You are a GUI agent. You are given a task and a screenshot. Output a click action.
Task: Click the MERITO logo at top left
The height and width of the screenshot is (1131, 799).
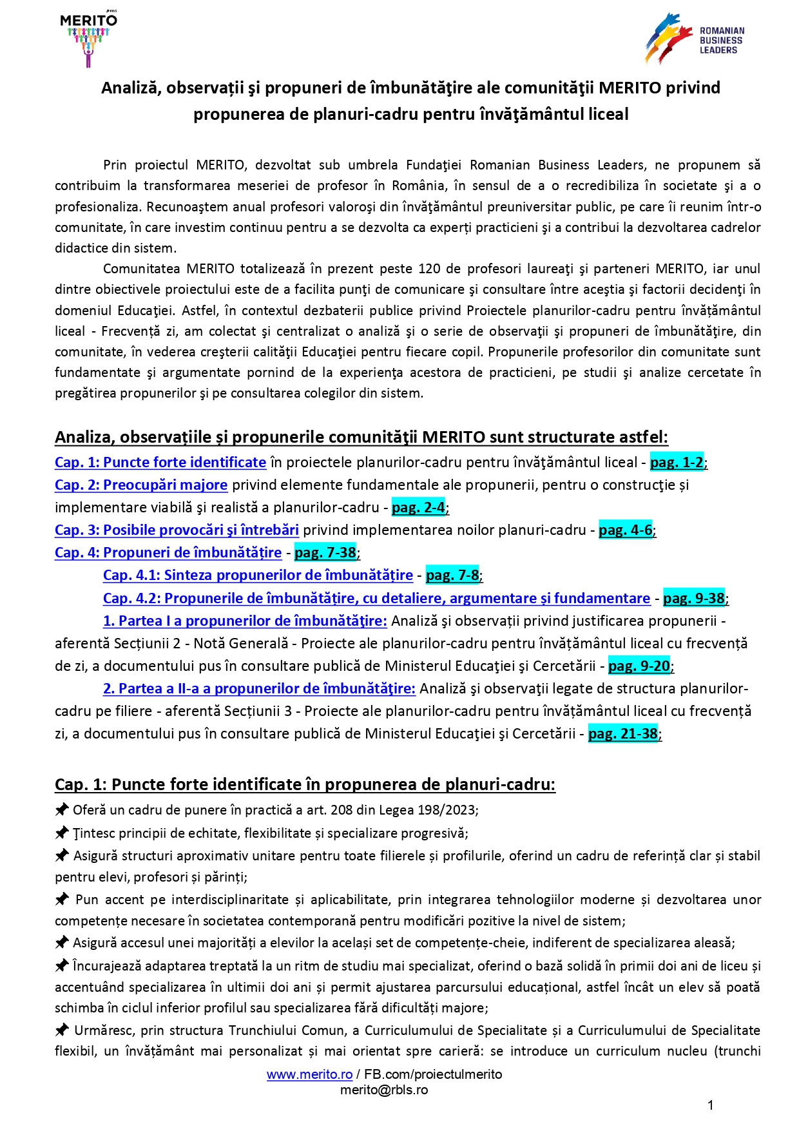88,39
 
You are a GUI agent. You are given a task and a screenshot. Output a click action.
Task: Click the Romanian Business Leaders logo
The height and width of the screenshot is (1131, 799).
695,39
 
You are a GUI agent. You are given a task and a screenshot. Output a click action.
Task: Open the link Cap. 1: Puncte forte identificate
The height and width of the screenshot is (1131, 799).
160,462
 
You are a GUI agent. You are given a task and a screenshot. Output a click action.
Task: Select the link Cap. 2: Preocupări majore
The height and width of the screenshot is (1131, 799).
141,485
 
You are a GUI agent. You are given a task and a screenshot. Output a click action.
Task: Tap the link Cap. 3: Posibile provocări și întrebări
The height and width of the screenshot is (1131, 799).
177,530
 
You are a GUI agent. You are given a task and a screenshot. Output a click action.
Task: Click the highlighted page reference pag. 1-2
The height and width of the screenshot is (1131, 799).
677,462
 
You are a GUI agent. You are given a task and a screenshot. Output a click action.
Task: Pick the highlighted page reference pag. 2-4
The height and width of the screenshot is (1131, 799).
418,507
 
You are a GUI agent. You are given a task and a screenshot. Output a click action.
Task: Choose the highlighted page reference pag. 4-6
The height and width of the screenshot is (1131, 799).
626,530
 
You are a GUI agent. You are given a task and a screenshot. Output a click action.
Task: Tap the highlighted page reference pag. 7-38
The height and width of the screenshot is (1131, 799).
325,552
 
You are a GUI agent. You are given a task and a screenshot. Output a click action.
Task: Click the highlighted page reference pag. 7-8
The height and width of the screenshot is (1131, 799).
452,575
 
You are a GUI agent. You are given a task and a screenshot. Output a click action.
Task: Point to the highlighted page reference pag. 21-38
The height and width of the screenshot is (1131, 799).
623,733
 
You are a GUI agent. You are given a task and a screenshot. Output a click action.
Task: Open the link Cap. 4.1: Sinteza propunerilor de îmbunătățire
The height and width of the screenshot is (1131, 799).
258,575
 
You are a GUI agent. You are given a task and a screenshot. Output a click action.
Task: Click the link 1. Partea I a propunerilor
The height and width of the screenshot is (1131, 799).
245,621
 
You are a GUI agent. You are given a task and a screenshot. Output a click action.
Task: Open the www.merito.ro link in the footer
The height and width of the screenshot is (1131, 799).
309,1074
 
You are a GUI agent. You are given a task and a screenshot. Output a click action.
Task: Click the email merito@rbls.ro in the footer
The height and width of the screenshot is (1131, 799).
384,1090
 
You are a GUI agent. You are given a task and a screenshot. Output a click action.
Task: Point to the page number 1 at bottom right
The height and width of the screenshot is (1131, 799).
710,1106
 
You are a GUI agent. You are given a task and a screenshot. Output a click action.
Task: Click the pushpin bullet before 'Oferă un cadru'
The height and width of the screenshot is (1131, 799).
62,809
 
